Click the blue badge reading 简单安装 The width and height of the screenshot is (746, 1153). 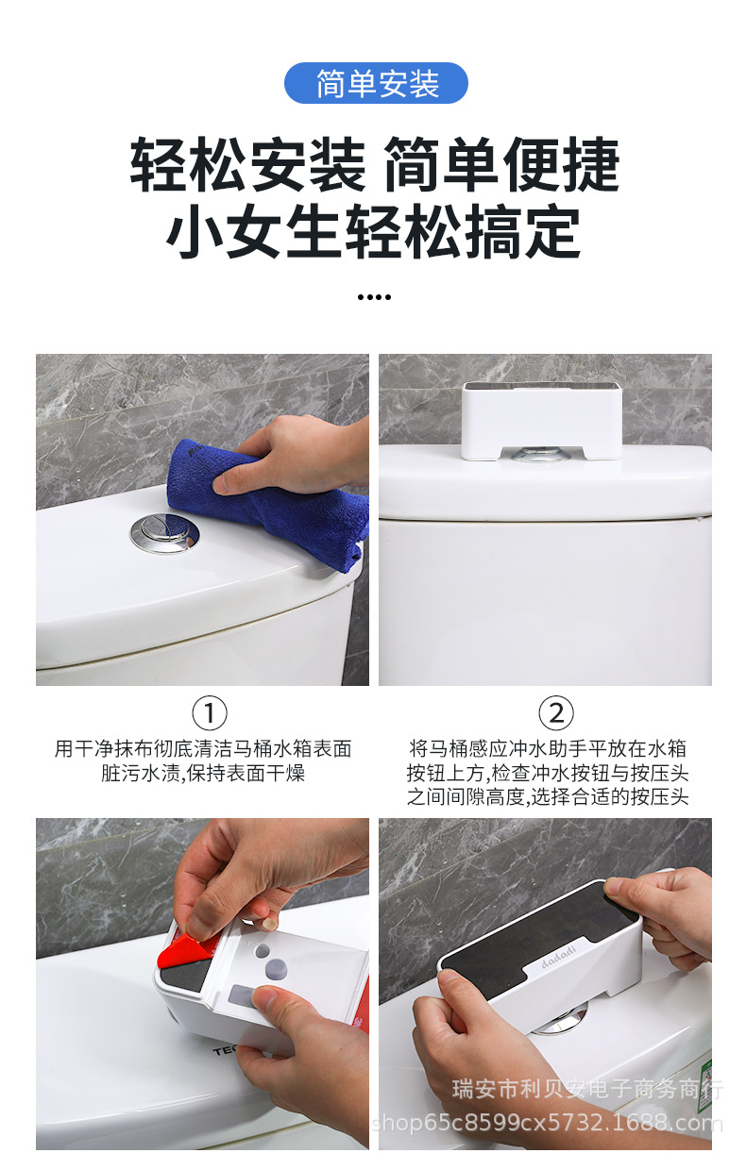(x=376, y=83)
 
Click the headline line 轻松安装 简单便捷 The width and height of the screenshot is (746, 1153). (x=375, y=164)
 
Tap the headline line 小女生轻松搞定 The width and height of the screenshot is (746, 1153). (x=374, y=232)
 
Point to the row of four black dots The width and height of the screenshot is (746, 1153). (x=374, y=296)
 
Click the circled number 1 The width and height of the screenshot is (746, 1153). (x=209, y=712)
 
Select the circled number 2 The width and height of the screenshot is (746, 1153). (x=556, y=712)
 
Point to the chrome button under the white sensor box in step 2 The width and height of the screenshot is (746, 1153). (x=542, y=458)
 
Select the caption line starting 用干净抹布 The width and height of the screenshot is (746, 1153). (x=203, y=749)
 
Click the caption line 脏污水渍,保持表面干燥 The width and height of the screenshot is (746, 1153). (x=203, y=774)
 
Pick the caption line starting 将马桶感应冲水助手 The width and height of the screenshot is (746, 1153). (x=548, y=749)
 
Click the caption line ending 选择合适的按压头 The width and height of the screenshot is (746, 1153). (x=548, y=797)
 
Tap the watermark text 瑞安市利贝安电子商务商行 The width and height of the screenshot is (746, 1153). (x=588, y=1090)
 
